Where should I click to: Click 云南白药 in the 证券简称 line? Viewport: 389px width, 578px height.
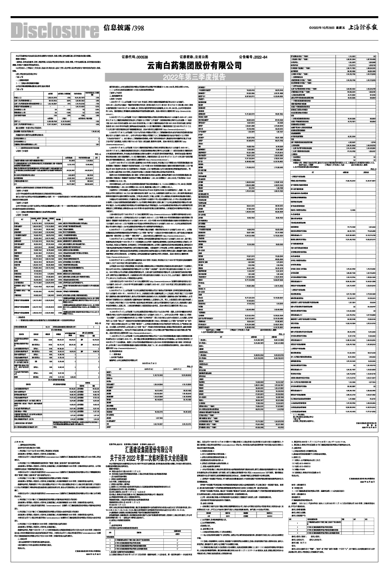(x=207, y=57)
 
